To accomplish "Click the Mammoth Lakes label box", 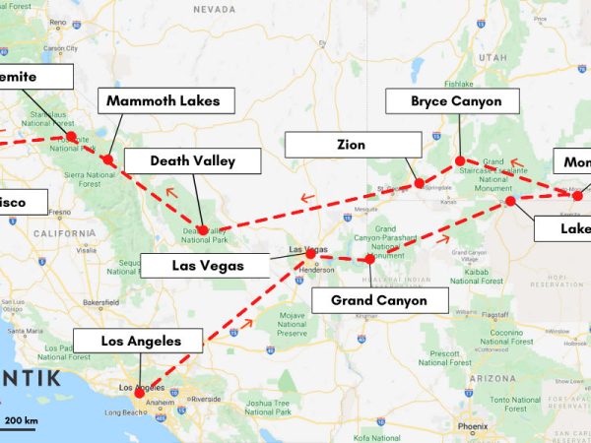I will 170,101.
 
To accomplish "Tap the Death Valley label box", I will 191,161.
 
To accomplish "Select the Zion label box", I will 351,146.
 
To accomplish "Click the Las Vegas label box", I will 205,265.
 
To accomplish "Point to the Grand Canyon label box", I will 379,300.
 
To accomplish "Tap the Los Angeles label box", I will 142,342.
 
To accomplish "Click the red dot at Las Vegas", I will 311,254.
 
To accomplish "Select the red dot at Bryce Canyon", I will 459,160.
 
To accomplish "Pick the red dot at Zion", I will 419,183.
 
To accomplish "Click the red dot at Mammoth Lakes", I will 108,159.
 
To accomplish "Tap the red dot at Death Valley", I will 202,230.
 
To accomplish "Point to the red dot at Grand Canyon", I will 369,260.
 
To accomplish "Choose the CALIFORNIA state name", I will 61,233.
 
